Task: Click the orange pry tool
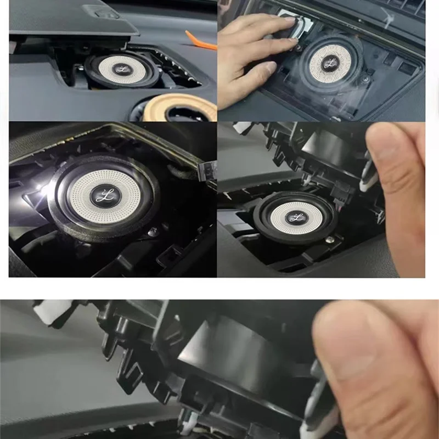point(202,40)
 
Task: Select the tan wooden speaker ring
point(181,108)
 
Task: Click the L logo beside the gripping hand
point(330,63)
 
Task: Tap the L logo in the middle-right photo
point(297,217)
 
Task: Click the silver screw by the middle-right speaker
point(330,240)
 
